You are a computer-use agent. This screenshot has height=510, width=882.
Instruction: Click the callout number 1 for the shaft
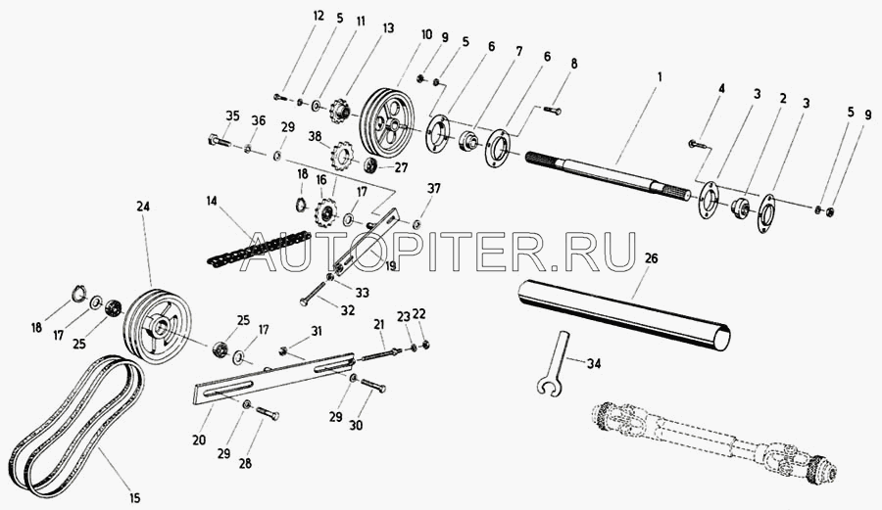pyautogui.click(x=660, y=75)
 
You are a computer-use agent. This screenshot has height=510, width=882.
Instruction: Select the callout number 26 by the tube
pyautogui.click(x=652, y=259)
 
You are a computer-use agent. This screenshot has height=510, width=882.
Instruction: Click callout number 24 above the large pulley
pyautogui.click(x=144, y=207)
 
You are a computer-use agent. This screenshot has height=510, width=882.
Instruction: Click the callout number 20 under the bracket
pyautogui.click(x=199, y=441)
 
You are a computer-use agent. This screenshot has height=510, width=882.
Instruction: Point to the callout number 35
pyautogui.click(x=231, y=116)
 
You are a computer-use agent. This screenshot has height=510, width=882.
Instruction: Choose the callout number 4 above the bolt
pyautogui.click(x=720, y=89)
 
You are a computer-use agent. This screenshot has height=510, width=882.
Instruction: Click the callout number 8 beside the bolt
pyautogui.click(x=574, y=63)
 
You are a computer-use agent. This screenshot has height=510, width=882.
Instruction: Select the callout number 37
pyautogui.click(x=434, y=187)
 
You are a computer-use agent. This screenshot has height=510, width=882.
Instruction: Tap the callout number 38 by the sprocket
pyautogui.click(x=315, y=137)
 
